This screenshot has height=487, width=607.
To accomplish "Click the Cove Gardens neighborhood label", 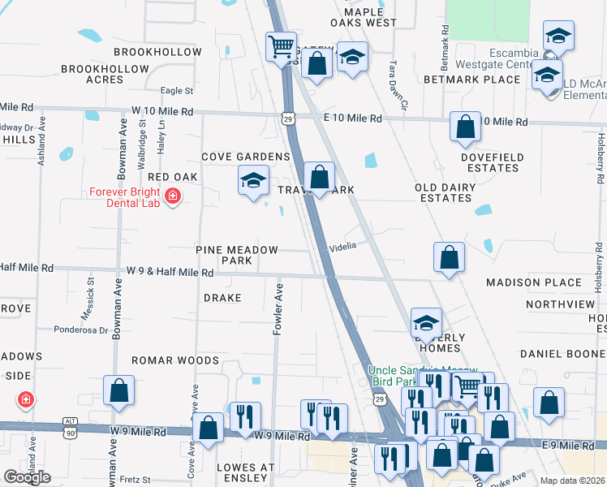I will pos(246,157).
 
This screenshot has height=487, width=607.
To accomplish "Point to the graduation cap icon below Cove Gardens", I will pos(253,180).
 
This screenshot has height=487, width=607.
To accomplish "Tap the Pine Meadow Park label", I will pos(236,256).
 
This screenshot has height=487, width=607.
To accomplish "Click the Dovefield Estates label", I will pos(493,162).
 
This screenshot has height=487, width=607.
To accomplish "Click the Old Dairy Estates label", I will pos(443,192).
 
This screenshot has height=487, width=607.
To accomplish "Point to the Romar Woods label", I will pos(176,360).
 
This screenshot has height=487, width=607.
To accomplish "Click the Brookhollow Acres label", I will pos(104,74).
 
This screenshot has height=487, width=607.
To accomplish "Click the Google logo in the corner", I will pos(27,477).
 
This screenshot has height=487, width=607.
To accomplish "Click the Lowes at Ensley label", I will pos(242,472).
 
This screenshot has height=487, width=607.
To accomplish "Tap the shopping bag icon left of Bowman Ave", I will pos(119,390).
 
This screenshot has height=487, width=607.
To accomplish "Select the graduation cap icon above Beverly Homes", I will pos(426,322).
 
